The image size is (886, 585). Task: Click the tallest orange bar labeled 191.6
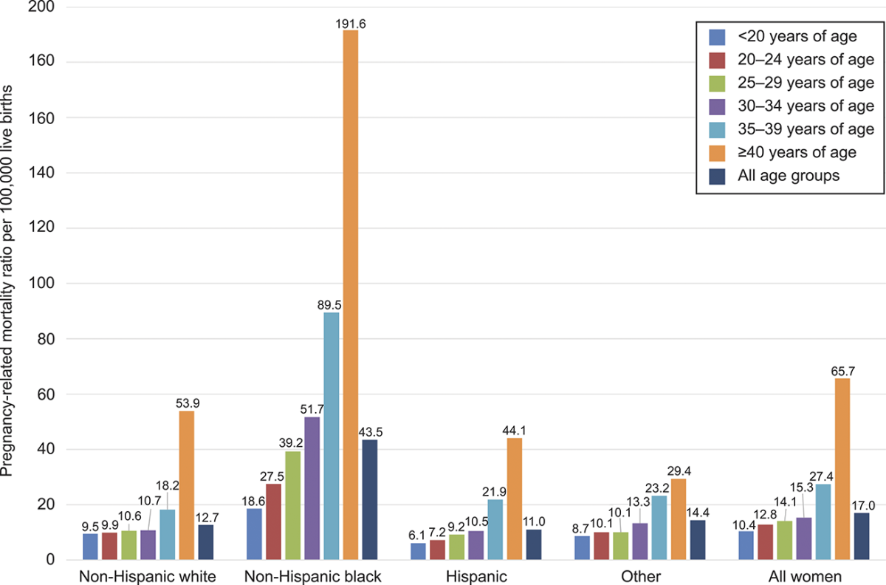pyautogui.click(x=350, y=295)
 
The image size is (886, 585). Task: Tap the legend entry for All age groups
pyautogui.click(x=783, y=177)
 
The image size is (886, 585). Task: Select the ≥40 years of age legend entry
pyautogui.click(x=783, y=153)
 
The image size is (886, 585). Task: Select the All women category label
pyautogui.click(x=807, y=576)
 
